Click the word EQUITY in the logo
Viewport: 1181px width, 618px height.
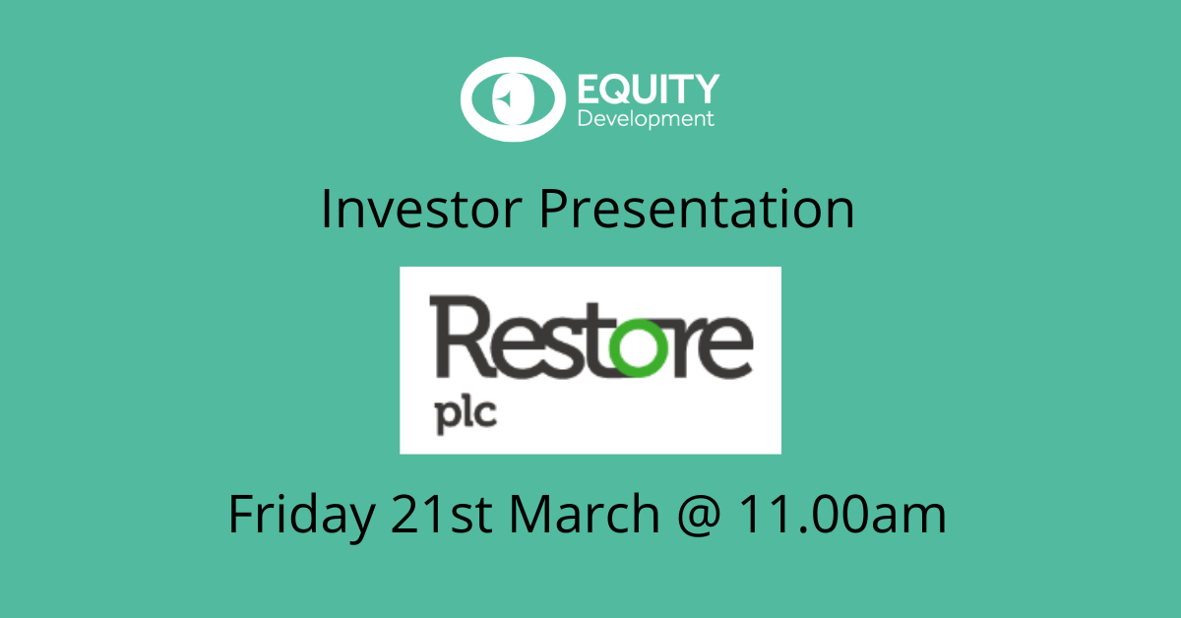point(649,89)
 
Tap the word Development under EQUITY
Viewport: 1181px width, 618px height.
point(646,119)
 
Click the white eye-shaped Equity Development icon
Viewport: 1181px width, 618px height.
point(513,99)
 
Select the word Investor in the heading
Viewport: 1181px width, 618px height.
point(421,209)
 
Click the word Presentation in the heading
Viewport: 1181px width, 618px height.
point(697,209)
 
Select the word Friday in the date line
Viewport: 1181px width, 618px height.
point(302,517)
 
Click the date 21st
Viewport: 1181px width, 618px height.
point(442,514)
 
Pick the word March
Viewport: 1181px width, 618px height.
point(585,513)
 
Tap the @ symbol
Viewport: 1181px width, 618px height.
point(699,515)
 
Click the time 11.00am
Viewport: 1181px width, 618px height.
point(842,514)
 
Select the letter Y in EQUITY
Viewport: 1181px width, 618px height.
point(704,89)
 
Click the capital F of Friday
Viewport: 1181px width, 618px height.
point(242,513)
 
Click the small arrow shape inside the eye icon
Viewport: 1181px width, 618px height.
point(504,98)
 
